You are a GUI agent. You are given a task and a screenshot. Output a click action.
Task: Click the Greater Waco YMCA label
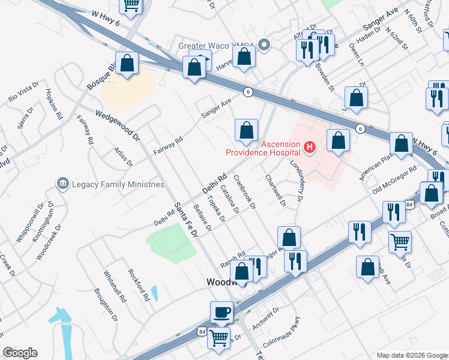(217, 46)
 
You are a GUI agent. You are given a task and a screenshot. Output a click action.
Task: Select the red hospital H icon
(309, 146)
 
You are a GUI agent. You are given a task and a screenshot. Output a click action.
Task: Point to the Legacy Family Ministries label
(118, 184)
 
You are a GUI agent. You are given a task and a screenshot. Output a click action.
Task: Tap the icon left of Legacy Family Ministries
(62, 184)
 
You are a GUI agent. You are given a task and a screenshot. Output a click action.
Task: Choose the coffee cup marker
(221, 311)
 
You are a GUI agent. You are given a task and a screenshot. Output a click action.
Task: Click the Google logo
(20, 353)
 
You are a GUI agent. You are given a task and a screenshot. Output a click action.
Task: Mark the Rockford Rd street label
(138, 284)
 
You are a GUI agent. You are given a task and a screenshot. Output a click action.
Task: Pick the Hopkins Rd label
(54, 104)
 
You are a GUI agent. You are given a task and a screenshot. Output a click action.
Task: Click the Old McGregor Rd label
(394, 181)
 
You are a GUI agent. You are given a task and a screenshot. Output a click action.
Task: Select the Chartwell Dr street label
(276, 190)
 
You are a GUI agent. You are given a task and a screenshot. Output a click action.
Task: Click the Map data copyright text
(411, 355)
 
